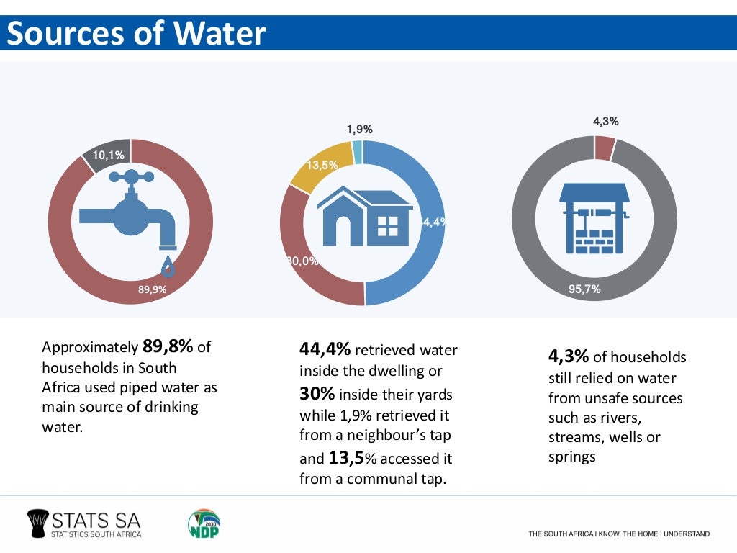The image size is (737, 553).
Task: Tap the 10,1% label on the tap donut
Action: point(108,155)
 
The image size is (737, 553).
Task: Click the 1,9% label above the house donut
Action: point(359,130)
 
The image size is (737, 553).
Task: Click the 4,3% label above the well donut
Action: point(605,122)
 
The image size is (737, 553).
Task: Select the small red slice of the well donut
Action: point(605,148)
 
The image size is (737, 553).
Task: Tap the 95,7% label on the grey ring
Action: point(584,289)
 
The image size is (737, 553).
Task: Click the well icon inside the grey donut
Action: point(594,217)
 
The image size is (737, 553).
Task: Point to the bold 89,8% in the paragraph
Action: point(168,346)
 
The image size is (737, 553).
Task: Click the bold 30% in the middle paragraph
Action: point(317,395)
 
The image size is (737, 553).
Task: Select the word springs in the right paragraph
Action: point(571,457)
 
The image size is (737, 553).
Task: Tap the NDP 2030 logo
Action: point(204,523)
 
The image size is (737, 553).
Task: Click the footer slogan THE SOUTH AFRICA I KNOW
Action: point(618,534)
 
